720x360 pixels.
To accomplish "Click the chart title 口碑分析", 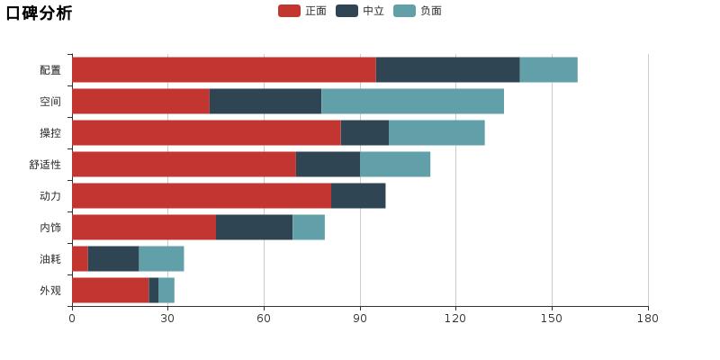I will pyautogui.click(x=39, y=13).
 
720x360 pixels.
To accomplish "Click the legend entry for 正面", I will pyautogui.click(x=303, y=11).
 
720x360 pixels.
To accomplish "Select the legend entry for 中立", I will pyautogui.click(x=361, y=11).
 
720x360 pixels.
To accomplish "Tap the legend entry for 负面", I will pyautogui.click(x=418, y=11).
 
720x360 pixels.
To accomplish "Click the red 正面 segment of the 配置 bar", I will pyautogui.click(x=223, y=70).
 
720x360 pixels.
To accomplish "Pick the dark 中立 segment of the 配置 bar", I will pyautogui.click(x=447, y=70).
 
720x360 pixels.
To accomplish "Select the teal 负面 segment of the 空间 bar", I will pyautogui.click(x=412, y=102).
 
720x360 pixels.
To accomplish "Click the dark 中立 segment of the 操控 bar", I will pyautogui.click(x=364, y=133).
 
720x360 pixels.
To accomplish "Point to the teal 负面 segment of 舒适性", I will pyautogui.click(x=395, y=165).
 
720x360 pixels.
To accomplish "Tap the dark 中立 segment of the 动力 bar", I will pyautogui.click(x=358, y=196).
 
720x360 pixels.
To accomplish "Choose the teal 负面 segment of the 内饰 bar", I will pyautogui.click(x=309, y=228).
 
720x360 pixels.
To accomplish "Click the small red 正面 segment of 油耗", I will pyautogui.click(x=80, y=259).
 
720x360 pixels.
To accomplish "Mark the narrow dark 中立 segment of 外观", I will pyautogui.click(x=154, y=291).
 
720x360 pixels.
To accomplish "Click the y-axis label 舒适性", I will pyautogui.click(x=45, y=165).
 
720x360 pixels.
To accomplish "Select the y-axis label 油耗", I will pyautogui.click(x=50, y=259).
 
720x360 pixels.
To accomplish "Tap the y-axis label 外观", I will pyautogui.click(x=50, y=291).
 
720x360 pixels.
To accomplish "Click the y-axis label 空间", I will pyautogui.click(x=50, y=102).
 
